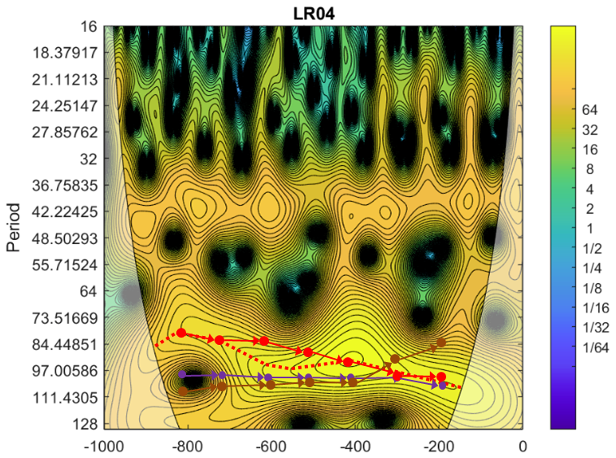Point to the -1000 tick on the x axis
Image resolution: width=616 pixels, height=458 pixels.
click(x=102, y=445)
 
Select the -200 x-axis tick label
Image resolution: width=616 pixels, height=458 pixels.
click(x=438, y=445)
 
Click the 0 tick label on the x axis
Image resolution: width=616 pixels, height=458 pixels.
click(x=523, y=445)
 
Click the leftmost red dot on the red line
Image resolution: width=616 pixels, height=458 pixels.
click(x=181, y=333)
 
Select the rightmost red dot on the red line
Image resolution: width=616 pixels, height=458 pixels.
click(x=441, y=377)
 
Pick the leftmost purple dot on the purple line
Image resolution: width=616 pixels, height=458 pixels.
click(x=183, y=374)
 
